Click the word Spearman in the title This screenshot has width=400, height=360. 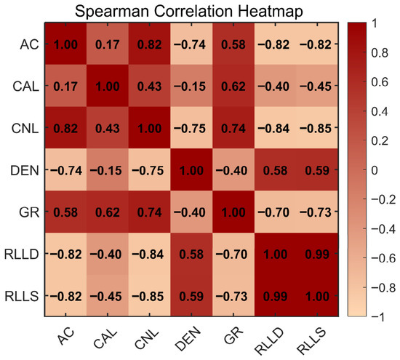coord(112,11)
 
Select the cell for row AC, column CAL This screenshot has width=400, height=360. coord(108,44)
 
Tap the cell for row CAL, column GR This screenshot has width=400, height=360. coord(233,86)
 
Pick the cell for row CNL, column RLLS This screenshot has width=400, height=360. coord(317,127)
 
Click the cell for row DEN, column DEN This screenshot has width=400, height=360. coord(191,169)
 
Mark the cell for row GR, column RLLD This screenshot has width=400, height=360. coord(276,212)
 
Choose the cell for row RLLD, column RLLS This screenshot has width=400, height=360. coord(317,254)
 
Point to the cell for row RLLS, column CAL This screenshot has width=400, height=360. coord(108,295)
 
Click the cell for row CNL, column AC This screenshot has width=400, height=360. coord(65,127)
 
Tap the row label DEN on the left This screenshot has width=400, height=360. coord(25,170)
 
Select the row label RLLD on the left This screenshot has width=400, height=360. coord(22,254)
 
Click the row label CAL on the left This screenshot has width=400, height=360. coord(25,87)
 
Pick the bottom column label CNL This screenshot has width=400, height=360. coord(147,340)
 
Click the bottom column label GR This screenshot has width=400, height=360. coord(233,335)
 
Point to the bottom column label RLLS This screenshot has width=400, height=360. coord(312,341)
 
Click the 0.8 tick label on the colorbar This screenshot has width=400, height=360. coord(380,53)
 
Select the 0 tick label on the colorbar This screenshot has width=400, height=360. coord(375,170)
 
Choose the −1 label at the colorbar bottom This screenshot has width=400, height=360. coord(377,316)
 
